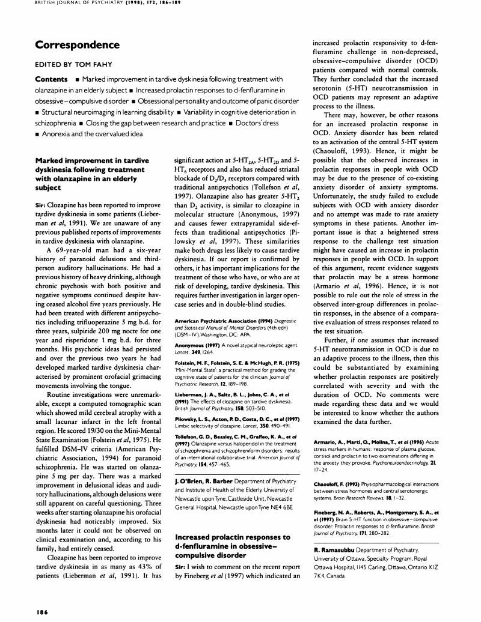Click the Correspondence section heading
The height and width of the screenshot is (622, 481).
coord(78,45)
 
